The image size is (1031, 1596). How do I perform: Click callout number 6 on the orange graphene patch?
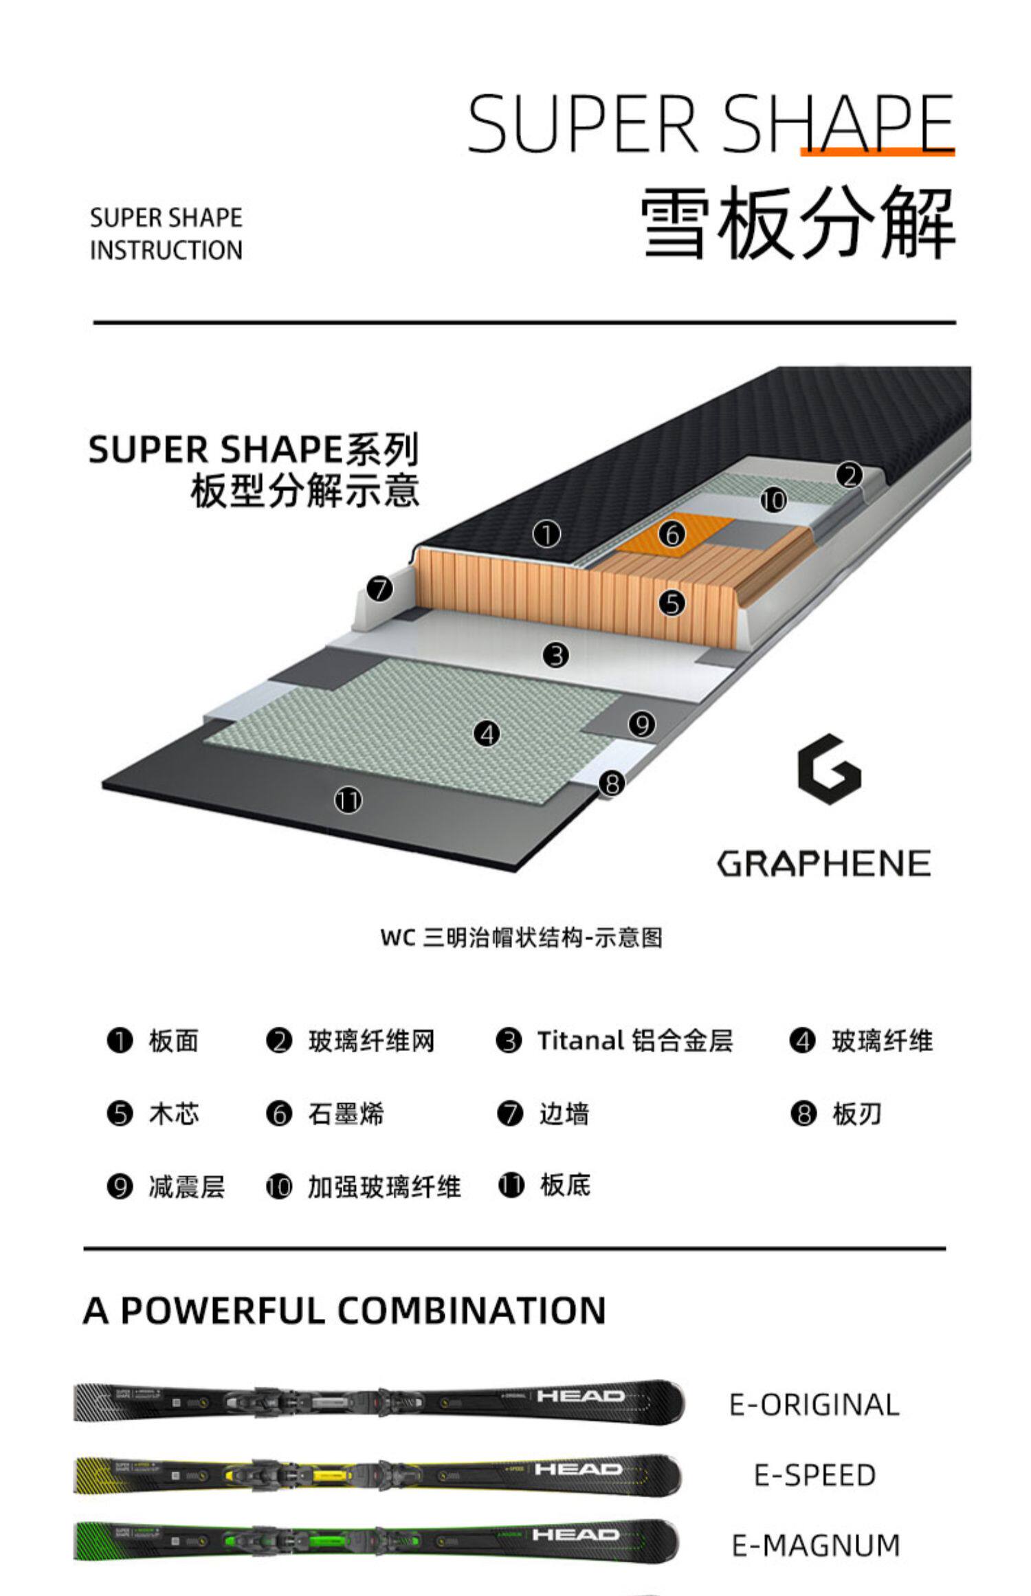click(x=672, y=534)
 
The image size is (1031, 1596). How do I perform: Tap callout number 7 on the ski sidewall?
click(x=379, y=589)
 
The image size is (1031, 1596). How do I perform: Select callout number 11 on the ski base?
click(x=348, y=801)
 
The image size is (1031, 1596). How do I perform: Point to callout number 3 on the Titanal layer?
click(x=555, y=655)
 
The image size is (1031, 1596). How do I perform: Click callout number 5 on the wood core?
click(x=672, y=603)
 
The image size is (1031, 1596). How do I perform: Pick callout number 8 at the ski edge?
click(x=612, y=783)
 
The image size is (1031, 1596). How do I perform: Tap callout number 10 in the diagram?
click(x=773, y=500)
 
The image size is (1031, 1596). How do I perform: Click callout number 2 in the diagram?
click(x=850, y=476)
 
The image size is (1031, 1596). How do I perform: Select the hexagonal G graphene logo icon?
click(x=829, y=770)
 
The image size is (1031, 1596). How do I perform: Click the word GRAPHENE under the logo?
click(x=824, y=864)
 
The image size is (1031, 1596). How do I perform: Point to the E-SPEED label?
click(x=814, y=1475)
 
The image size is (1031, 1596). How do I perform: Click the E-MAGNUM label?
click(x=816, y=1546)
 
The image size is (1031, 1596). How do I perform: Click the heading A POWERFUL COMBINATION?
click(x=344, y=1310)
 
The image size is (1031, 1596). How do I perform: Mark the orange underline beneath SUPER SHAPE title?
click(x=878, y=152)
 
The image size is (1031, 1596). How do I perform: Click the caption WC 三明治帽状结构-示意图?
click(x=522, y=938)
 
